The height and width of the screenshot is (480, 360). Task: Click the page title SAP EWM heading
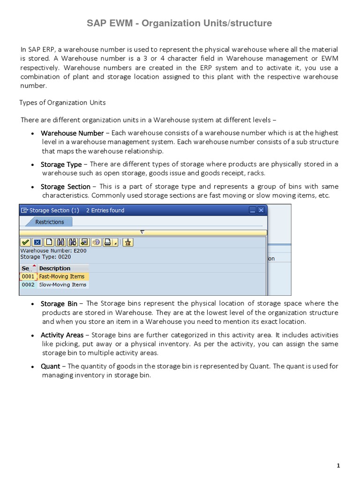180,23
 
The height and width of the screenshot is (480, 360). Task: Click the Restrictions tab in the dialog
49,222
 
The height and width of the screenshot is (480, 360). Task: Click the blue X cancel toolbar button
37,242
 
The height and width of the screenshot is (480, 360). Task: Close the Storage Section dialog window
261,210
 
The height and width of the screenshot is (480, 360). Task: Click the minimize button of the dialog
253,210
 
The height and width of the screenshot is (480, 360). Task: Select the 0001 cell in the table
28,277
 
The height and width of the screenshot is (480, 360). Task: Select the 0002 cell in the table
28,285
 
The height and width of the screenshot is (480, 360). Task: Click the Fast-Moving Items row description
61,277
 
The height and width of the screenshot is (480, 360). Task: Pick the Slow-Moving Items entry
62,285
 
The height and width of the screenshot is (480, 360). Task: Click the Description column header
55,269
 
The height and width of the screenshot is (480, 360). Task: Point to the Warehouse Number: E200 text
53,250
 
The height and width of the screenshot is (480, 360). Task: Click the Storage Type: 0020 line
45,256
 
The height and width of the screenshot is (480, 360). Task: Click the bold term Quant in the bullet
50,366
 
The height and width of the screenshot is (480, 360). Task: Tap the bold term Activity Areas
62,335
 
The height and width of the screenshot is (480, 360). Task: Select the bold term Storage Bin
59,304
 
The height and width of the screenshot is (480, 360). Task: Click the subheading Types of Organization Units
62,102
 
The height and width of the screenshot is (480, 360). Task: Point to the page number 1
338,465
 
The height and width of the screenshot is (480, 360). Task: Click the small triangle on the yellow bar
142,232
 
